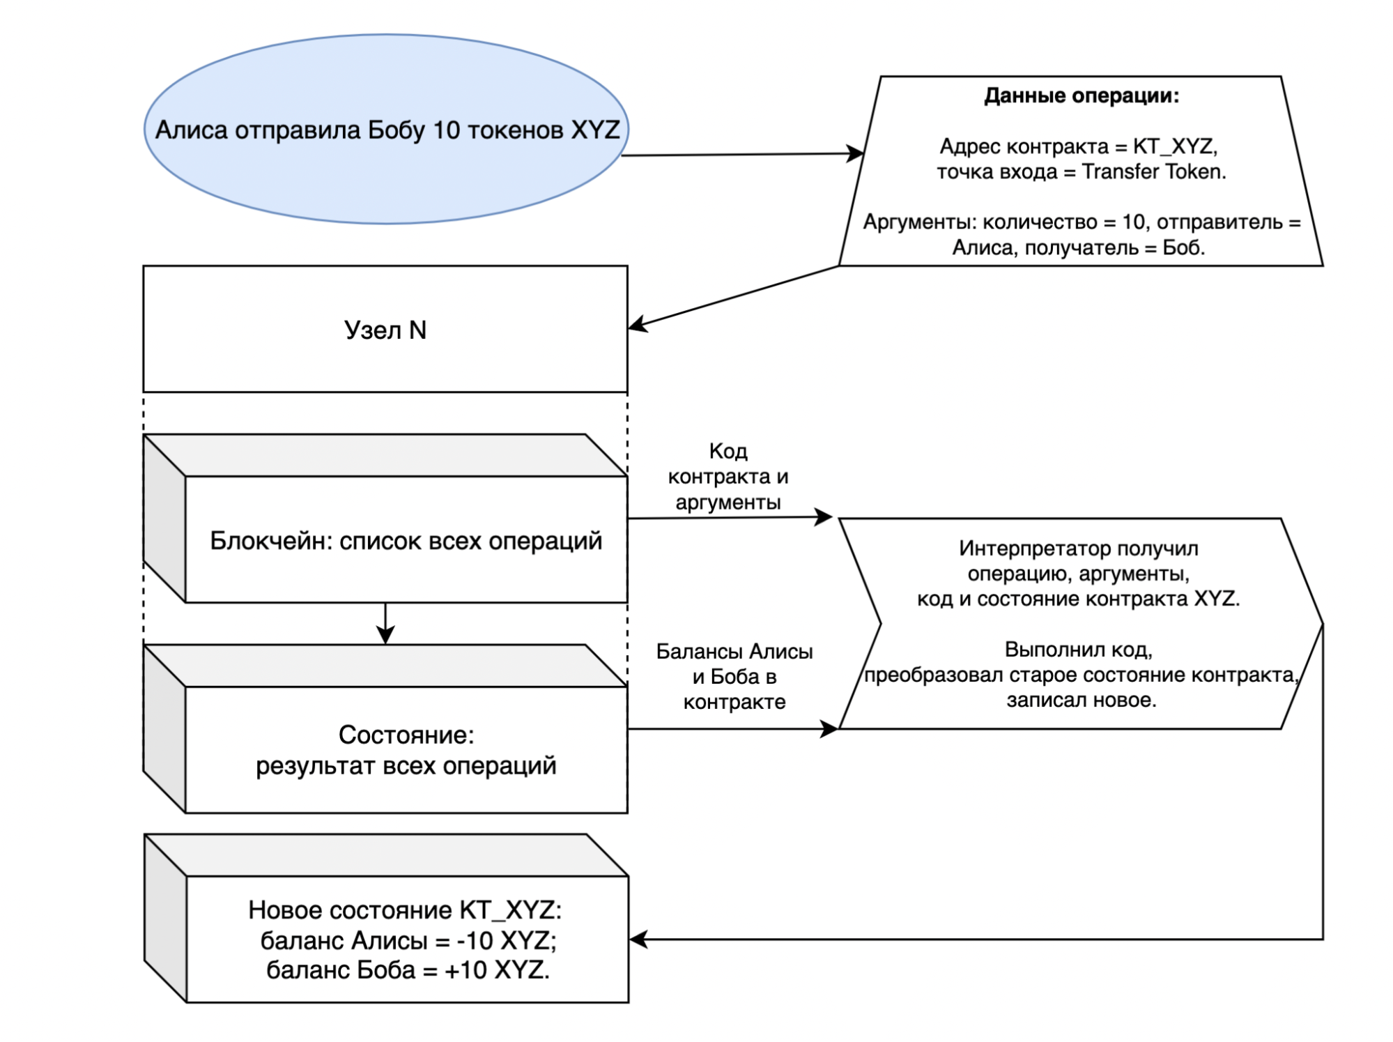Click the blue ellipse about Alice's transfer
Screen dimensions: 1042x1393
(x=387, y=130)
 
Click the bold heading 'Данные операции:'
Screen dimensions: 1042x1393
(x=1081, y=95)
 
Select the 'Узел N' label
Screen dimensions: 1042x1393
(x=385, y=330)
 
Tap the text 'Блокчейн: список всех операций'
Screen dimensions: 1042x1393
(x=406, y=541)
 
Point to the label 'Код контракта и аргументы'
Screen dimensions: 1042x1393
(x=728, y=477)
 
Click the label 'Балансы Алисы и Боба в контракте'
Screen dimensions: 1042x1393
(x=734, y=676)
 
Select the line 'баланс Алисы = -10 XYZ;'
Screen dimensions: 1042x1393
(x=408, y=941)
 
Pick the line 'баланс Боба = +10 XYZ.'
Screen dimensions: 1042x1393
(x=408, y=970)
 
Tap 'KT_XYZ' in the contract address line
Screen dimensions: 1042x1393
(x=1174, y=146)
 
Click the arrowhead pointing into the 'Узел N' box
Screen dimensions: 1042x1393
(x=637, y=325)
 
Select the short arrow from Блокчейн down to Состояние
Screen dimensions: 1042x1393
(x=385, y=624)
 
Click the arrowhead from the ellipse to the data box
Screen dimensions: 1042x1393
(x=856, y=153)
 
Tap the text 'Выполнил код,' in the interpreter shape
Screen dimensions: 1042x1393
(x=1078, y=650)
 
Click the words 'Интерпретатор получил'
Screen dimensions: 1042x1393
(x=1078, y=549)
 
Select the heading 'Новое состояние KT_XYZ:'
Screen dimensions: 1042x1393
(x=405, y=910)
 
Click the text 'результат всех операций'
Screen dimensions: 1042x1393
(x=406, y=766)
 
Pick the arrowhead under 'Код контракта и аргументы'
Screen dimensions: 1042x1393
(x=825, y=517)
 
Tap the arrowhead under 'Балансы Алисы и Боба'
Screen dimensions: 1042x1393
(x=830, y=729)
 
